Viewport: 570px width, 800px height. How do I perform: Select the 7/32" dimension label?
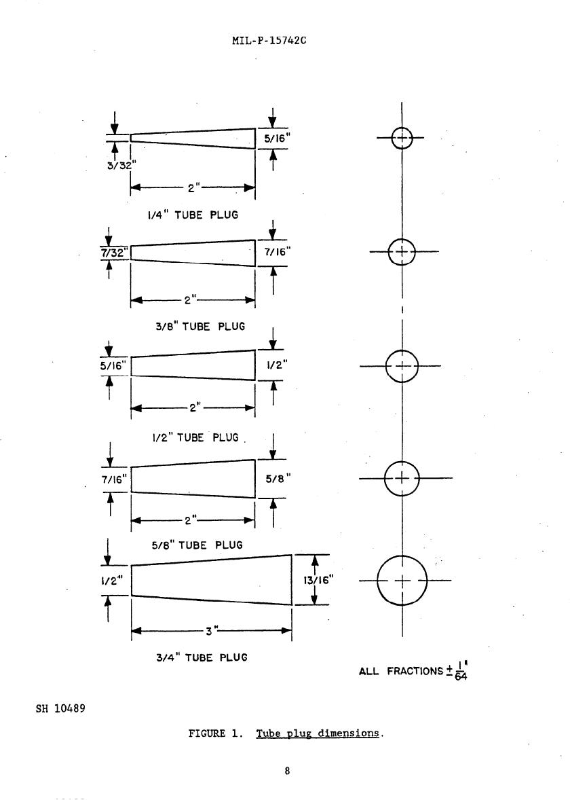point(113,252)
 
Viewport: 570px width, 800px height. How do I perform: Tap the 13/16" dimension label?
point(321,580)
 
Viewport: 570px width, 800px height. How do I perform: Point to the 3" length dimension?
point(211,631)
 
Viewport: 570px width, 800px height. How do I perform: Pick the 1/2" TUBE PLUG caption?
point(195,438)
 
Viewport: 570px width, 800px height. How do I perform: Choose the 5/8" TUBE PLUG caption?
point(197,545)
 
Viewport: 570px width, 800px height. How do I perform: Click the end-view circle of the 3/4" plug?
point(402,581)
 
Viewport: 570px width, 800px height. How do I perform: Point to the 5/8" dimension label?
point(278,478)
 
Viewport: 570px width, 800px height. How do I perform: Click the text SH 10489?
point(60,709)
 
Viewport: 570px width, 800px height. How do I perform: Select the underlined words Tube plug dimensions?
point(318,733)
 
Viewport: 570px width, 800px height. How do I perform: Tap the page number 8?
point(288,771)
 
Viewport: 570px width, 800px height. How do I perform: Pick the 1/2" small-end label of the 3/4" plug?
point(112,581)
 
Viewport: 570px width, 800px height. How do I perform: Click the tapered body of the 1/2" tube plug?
point(193,365)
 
